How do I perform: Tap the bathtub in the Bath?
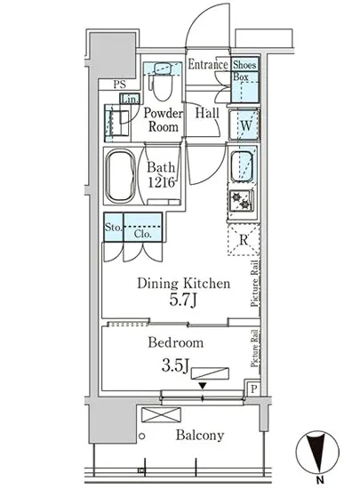click(120, 176)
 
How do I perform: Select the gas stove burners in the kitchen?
click(240, 200)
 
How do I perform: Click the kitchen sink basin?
click(242, 166)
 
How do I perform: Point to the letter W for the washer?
click(246, 125)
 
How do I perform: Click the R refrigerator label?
click(244, 240)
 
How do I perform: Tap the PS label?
click(119, 84)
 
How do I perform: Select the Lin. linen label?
click(130, 100)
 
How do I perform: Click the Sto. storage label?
click(113, 227)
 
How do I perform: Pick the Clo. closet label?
click(143, 234)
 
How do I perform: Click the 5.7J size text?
click(183, 300)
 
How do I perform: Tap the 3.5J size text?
click(175, 365)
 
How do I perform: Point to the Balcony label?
click(200, 436)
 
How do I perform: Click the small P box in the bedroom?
click(254, 389)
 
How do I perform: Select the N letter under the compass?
click(319, 479)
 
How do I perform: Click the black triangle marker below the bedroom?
click(203, 386)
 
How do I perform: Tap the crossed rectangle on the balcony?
click(161, 415)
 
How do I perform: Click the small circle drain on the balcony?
click(142, 437)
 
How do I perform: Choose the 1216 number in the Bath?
click(161, 182)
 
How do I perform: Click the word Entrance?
click(208, 64)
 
